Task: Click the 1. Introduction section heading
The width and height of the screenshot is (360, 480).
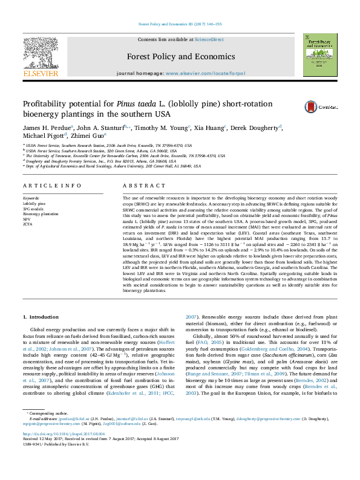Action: tap(41, 317)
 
